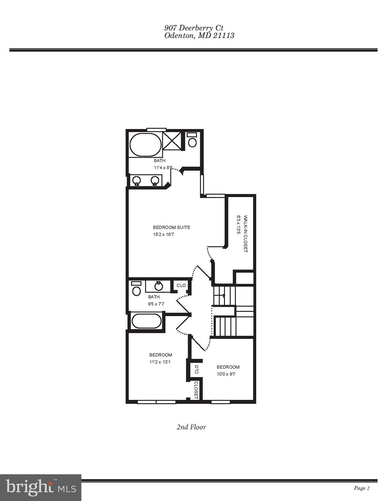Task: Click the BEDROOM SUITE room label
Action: point(171,227)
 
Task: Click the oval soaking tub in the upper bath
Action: point(145,145)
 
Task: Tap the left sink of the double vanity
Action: point(136,180)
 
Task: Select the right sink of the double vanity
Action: point(155,180)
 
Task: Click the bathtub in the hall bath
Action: point(146,321)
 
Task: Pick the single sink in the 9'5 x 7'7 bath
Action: point(158,286)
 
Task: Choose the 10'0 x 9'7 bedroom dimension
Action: point(226,374)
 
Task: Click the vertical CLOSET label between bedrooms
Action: point(196,390)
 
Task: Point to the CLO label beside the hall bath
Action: point(181,285)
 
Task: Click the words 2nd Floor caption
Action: point(191,427)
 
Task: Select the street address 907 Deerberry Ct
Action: point(194,28)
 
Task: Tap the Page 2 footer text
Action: point(362,488)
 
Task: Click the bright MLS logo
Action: point(41,488)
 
